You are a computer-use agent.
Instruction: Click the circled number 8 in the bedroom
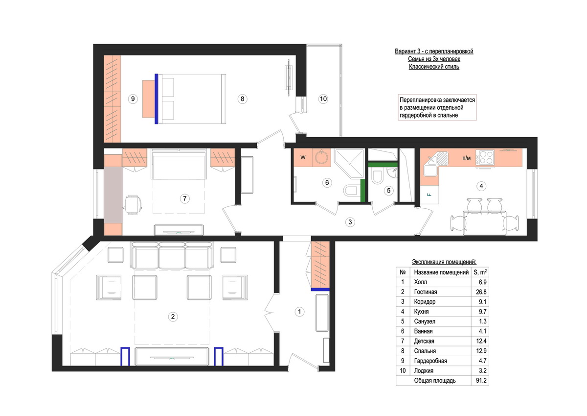pos(243,99)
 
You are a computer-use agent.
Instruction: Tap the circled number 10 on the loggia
pos(323,99)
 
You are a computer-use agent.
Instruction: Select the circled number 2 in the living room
pos(173,317)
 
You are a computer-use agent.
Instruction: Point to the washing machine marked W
pos(303,158)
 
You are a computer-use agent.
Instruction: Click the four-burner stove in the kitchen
pos(485,157)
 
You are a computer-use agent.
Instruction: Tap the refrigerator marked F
pos(430,195)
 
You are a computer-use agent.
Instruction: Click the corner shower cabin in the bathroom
pos(350,164)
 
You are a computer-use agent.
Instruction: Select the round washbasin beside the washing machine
pos(321,157)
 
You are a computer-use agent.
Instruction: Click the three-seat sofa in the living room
pos(172,255)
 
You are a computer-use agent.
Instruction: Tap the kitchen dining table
pos(485,222)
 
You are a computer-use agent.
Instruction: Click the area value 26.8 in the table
pos(481,292)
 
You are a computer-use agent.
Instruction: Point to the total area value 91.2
pos(481,381)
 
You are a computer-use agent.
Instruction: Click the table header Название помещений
pos(441,272)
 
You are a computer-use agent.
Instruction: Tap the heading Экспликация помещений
pos(444,262)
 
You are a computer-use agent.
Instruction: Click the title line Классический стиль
pos(434,67)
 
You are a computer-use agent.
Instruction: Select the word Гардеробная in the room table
pos(430,361)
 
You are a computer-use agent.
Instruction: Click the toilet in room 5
pos(377,177)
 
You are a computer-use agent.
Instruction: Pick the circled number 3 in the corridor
pos(350,222)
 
